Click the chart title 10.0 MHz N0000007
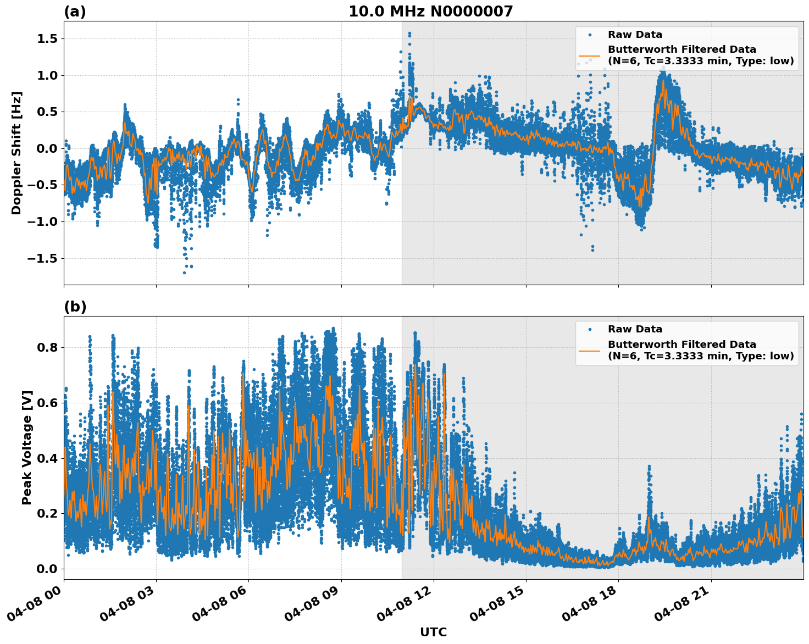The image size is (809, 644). coord(430,12)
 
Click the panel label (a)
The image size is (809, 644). coord(75,12)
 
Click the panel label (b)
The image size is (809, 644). coord(75,307)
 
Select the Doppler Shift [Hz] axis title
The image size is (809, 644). coord(16,153)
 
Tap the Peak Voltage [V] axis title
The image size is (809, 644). coord(27,447)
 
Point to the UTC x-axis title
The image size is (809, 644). coord(433,632)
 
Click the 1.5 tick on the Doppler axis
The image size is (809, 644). coord(47,38)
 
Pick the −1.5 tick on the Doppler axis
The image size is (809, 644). coord(43,258)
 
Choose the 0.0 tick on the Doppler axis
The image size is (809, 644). coord(47,148)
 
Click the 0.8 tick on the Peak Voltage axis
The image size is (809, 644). coord(47,347)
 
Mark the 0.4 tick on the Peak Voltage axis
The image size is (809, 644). coord(47,458)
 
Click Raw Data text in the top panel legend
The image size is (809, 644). coord(635,35)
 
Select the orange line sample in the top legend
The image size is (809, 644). coord(589,55)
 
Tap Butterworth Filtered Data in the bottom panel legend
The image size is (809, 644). coord(681,345)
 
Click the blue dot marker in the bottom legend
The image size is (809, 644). coord(589,329)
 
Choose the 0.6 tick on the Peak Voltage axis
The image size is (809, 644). coord(47,403)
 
